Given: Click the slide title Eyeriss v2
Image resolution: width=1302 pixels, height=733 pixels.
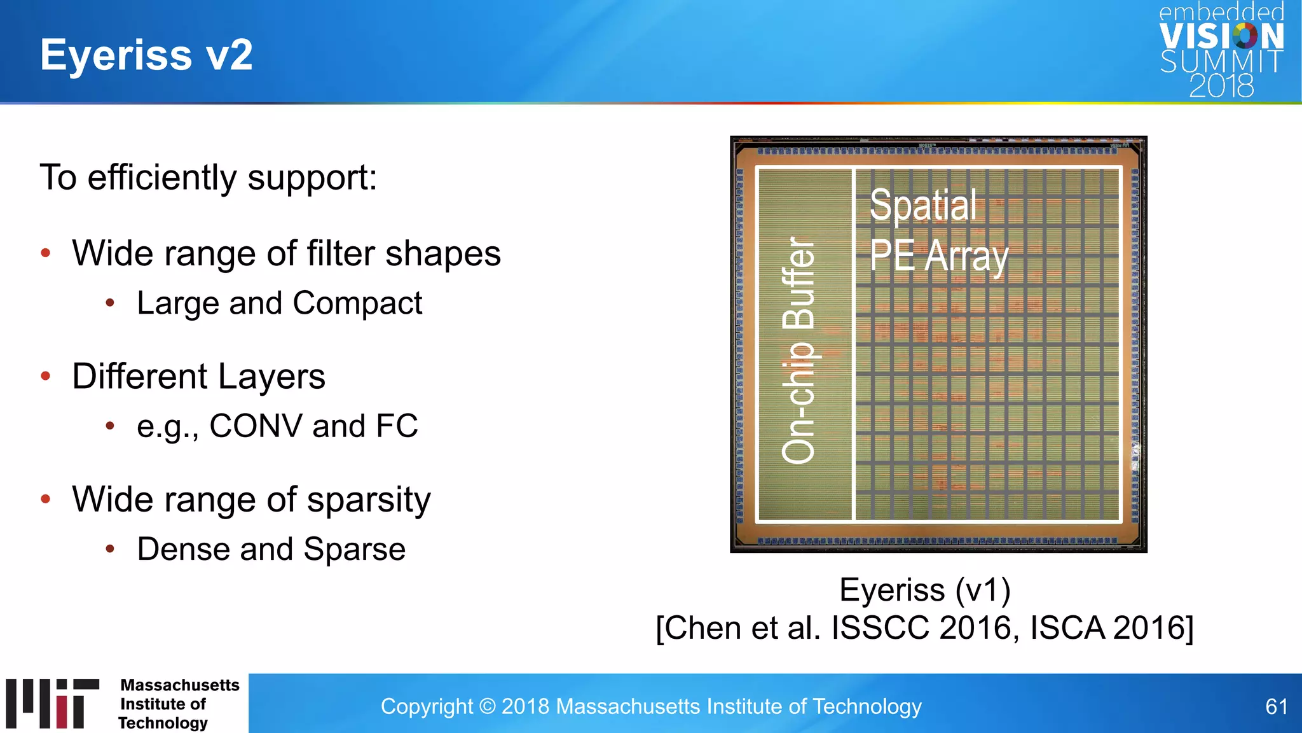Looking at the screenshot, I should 146,55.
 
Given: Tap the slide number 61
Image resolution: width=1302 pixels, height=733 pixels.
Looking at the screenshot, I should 1276,706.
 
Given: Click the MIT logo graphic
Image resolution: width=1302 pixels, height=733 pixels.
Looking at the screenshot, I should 52,703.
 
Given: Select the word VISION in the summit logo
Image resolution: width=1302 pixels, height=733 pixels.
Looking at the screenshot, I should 1221,37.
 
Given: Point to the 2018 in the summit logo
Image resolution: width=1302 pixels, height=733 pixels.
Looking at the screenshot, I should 1221,86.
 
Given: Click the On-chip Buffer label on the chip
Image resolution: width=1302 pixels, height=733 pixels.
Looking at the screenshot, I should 798,350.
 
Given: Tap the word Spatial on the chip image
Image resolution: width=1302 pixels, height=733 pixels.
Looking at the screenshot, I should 922,205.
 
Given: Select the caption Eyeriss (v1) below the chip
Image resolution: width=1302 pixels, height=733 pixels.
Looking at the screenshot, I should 924,590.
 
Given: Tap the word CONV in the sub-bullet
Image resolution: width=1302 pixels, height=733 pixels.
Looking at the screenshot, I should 256,426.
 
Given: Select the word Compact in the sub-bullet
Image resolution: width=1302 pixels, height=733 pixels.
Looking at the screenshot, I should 357,303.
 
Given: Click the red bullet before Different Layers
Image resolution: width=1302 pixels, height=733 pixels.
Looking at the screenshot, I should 46,376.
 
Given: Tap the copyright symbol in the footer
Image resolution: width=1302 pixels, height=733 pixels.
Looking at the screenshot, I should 487,706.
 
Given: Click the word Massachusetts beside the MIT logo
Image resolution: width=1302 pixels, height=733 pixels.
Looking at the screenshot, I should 180,685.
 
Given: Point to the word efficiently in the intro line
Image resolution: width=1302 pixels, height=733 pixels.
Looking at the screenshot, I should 162,178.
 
